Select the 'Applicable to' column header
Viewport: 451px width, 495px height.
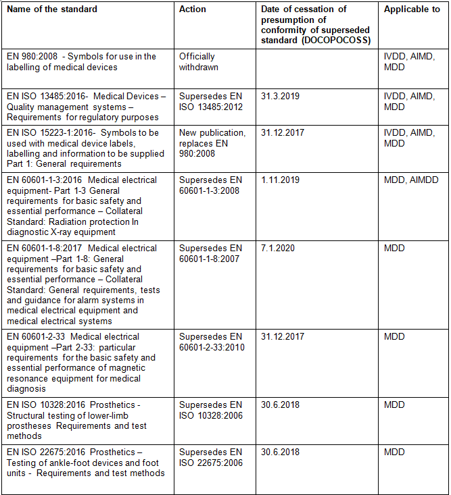[x=411, y=9]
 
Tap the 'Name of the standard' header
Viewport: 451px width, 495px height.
[x=52, y=9]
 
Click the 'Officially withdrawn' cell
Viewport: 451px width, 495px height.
[x=197, y=61]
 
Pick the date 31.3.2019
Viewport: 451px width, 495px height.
[x=280, y=97]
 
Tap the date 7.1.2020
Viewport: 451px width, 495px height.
[x=277, y=249]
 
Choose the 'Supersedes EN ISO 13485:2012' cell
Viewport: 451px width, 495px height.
[x=210, y=102]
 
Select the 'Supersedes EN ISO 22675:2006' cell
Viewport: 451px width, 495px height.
[x=210, y=457]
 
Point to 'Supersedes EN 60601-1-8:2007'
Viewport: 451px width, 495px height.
[x=210, y=253]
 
